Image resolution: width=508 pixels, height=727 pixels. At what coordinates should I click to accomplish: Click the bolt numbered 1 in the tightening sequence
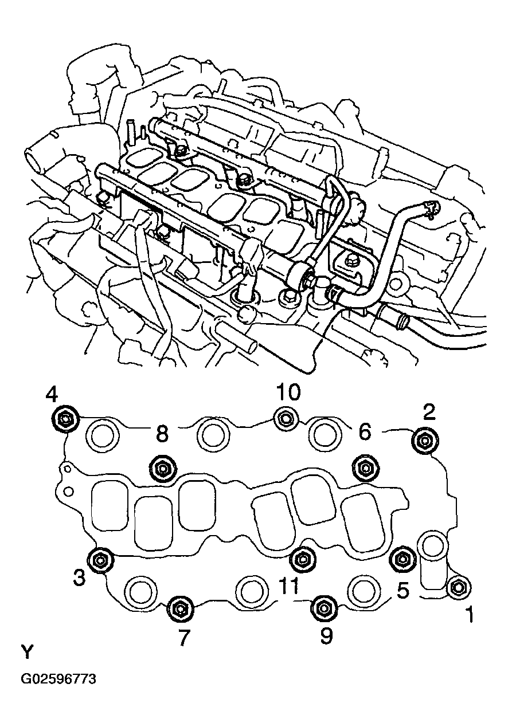(458, 588)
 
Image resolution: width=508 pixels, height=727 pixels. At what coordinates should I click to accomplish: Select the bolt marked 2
(424, 440)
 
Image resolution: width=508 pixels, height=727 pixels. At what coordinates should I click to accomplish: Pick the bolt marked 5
(402, 559)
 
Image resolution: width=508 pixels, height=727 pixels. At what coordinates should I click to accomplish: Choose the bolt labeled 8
(161, 469)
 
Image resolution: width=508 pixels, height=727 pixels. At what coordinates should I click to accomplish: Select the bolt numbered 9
(323, 608)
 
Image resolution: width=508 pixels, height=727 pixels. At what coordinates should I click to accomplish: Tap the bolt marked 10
(286, 419)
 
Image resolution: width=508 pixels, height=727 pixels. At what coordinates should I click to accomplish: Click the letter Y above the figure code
(28, 653)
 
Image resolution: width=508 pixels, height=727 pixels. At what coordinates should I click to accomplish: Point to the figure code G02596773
(58, 679)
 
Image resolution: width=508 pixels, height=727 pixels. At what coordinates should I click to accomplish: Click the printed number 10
(288, 393)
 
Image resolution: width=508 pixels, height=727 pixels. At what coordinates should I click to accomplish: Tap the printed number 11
(288, 586)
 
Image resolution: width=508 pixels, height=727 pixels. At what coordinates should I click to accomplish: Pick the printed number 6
(365, 432)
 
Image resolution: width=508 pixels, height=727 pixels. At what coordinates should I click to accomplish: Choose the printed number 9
(326, 636)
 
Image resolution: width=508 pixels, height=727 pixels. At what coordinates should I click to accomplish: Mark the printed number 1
(469, 615)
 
